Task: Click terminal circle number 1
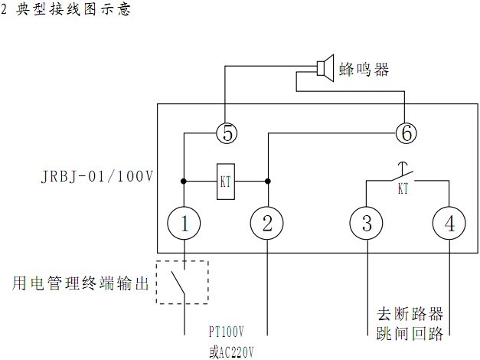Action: [x=184, y=224]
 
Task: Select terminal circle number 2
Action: [x=268, y=224]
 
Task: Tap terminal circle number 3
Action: [x=367, y=224]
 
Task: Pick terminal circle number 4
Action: [x=449, y=224]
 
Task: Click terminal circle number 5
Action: [x=226, y=133]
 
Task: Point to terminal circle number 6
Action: [x=407, y=133]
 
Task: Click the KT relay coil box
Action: [x=226, y=182]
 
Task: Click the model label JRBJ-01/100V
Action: [x=96, y=177]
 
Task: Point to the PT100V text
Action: [x=227, y=332]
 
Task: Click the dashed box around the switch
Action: [x=181, y=282]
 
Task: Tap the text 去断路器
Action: [x=410, y=314]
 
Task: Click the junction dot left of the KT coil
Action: [x=184, y=182]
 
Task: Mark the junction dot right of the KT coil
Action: [x=268, y=182]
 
